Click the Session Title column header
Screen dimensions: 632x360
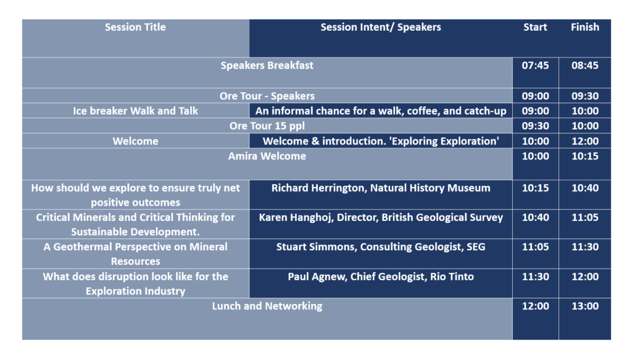pos(135,27)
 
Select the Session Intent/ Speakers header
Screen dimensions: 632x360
pos(380,27)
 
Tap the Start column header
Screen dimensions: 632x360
pos(535,27)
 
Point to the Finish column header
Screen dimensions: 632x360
pos(585,27)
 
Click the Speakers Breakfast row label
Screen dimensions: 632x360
pos(267,65)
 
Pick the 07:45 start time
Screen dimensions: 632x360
pos(535,65)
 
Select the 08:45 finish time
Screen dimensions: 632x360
pos(585,65)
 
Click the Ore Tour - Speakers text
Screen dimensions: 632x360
pos(267,96)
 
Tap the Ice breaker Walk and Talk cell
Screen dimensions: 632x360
pos(135,111)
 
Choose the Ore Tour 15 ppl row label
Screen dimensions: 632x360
pos(267,126)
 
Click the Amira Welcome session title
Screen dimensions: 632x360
pos(267,156)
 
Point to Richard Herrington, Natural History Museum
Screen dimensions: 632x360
pos(380,188)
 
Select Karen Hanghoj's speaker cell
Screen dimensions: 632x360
pos(380,217)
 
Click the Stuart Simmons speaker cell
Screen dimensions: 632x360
pos(380,247)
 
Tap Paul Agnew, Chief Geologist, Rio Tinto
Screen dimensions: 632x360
pos(380,277)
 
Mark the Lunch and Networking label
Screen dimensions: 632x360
pos(267,306)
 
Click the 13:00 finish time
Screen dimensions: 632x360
pos(585,306)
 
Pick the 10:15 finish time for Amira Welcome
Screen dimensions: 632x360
pos(585,156)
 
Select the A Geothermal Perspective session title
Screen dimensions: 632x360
pos(135,254)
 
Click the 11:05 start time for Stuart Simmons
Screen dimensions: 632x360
pos(535,247)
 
